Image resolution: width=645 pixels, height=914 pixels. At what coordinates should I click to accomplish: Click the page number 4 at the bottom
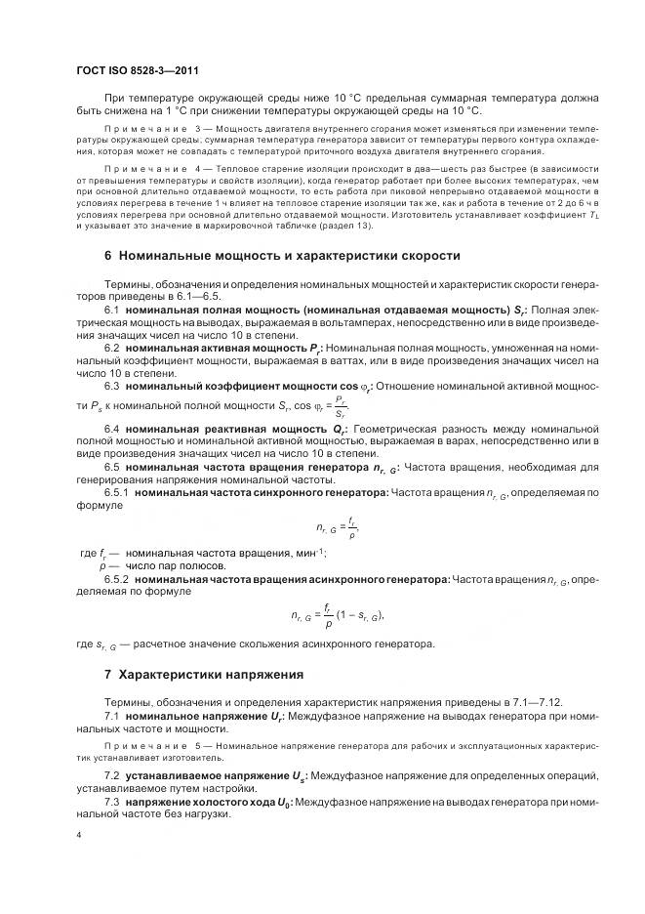[79, 835]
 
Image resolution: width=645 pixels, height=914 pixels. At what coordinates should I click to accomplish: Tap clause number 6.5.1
[116, 493]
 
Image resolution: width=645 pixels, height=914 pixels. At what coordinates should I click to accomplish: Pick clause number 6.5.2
[116, 580]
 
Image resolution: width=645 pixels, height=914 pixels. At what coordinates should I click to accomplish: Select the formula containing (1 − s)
[338, 615]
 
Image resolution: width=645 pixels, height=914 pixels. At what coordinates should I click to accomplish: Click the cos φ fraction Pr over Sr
[339, 406]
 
